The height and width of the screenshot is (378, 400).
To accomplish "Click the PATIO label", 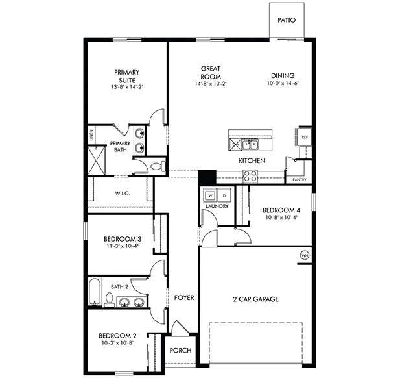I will pyautogui.click(x=287, y=20).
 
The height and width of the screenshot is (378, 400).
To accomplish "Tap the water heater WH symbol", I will pyautogui.click(x=304, y=255).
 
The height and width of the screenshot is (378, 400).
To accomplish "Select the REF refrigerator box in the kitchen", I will pyautogui.click(x=303, y=138).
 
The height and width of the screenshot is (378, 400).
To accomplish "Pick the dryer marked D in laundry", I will pyautogui.click(x=224, y=195).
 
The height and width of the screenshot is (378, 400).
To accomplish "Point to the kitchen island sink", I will pyautogui.click(x=248, y=144).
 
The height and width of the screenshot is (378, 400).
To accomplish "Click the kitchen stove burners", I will pyautogui.click(x=250, y=175).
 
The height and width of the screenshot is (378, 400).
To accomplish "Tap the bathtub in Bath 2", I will pyautogui.click(x=95, y=292).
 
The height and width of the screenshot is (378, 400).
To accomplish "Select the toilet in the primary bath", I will pyautogui.click(x=156, y=167).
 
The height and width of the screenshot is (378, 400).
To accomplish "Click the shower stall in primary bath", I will pyautogui.click(x=97, y=160).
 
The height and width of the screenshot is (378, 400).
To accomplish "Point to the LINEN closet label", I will pyautogui.click(x=91, y=136).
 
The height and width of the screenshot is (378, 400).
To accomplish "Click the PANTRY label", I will pyautogui.click(x=299, y=179).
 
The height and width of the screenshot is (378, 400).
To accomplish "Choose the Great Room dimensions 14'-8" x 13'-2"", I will pyautogui.click(x=211, y=84).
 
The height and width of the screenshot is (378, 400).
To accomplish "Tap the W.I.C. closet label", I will pyautogui.click(x=124, y=193).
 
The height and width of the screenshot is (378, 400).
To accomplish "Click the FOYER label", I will pyautogui.click(x=184, y=298).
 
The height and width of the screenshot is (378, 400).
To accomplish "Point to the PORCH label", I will pyautogui.click(x=180, y=350).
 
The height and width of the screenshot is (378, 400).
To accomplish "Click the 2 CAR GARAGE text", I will pyautogui.click(x=255, y=299).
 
